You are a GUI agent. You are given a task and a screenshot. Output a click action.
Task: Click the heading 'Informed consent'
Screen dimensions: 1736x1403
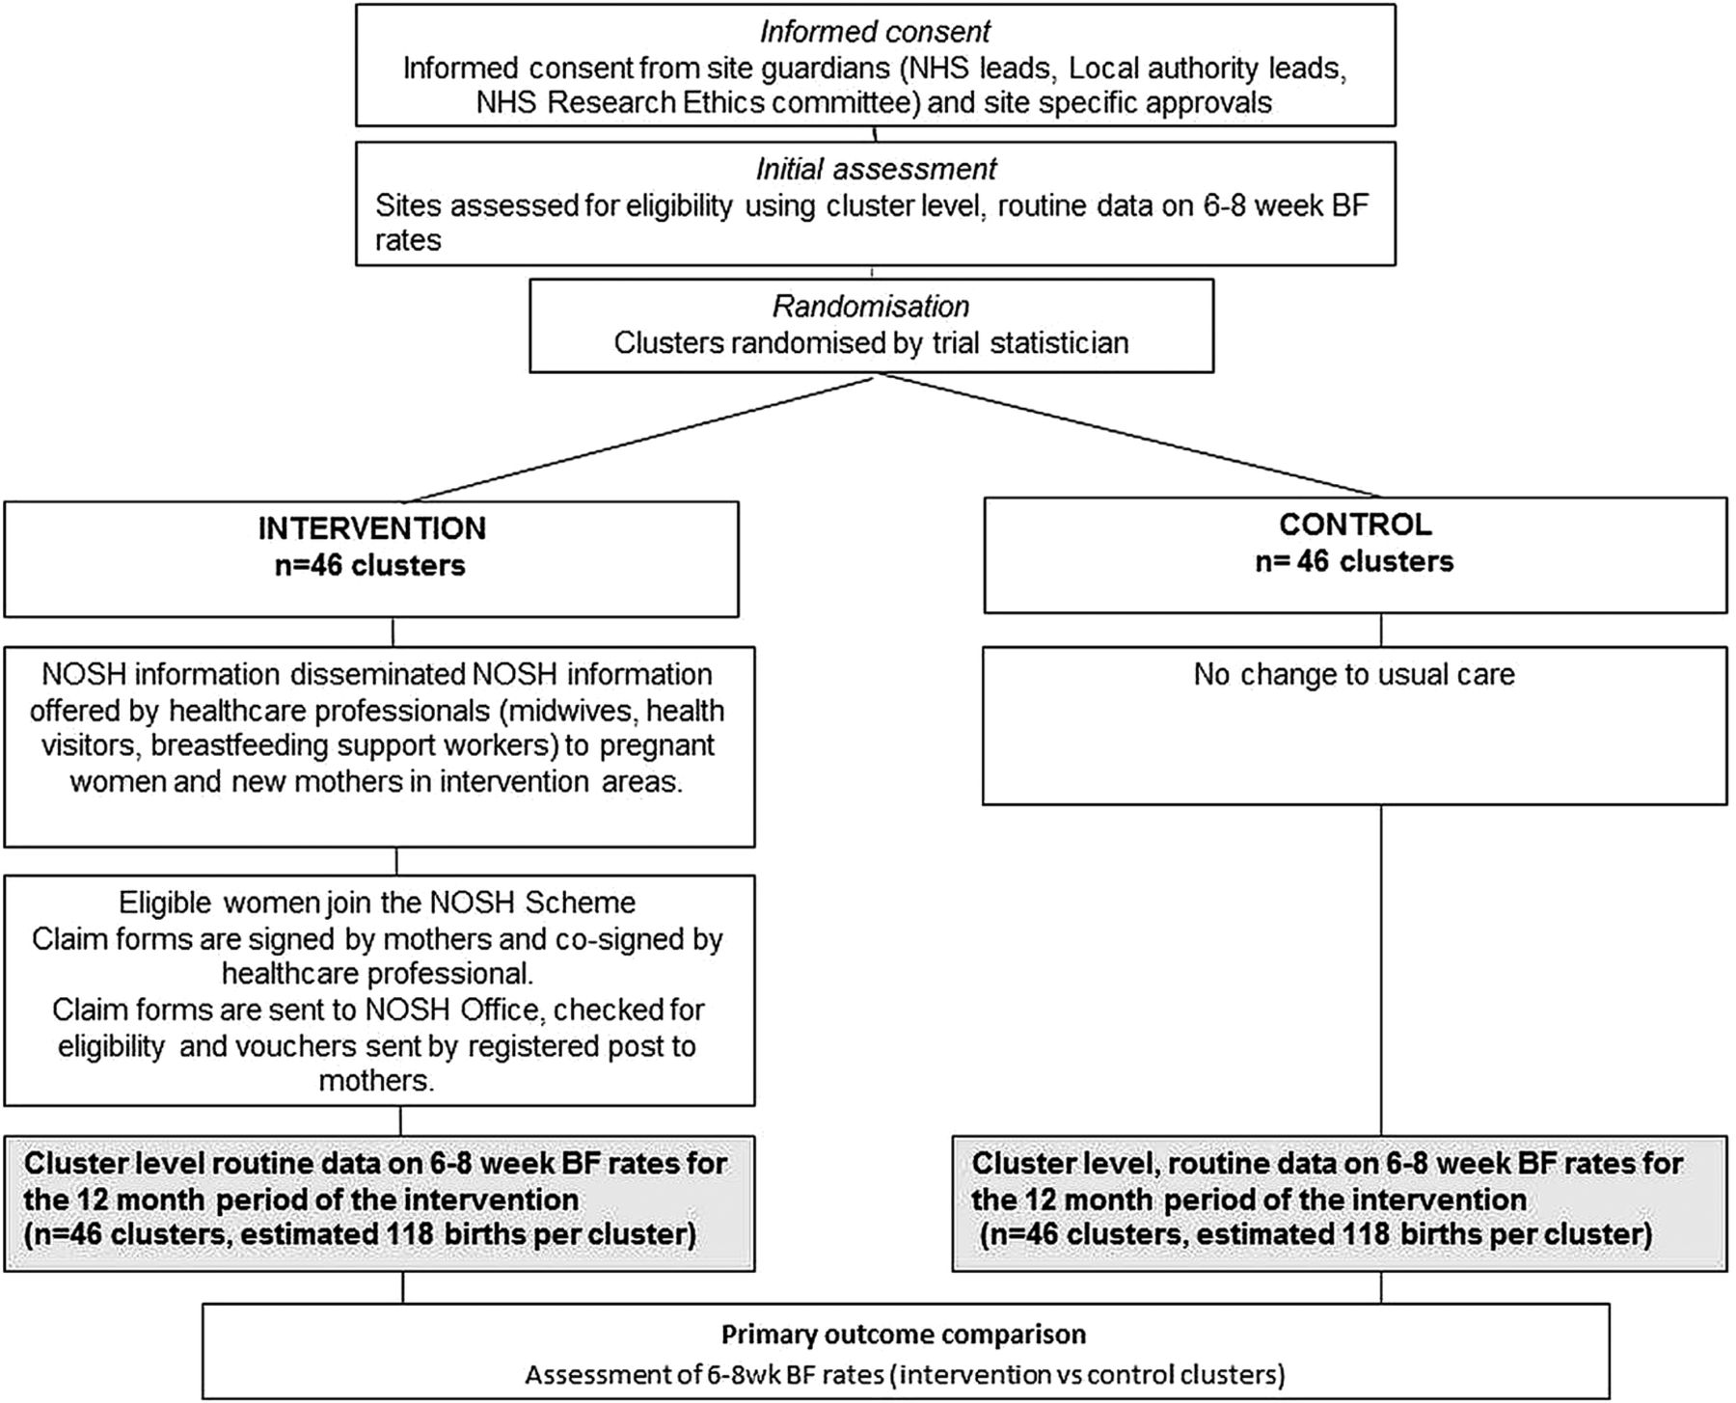coord(875,32)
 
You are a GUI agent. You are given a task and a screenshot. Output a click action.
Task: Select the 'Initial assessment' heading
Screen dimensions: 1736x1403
coord(876,169)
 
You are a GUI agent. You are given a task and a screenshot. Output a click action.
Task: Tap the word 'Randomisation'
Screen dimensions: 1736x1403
coord(871,307)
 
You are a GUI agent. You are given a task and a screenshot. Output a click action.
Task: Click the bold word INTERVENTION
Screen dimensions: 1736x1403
coord(371,528)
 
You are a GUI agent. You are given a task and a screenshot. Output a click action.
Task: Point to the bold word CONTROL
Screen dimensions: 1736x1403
coord(1355,525)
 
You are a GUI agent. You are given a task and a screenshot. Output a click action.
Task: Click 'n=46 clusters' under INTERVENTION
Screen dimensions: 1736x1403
coord(370,565)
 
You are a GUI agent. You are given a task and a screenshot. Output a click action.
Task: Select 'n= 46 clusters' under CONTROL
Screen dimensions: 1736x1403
coord(1354,561)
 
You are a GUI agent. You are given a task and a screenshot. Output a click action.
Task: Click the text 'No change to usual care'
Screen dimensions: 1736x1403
coord(1354,674)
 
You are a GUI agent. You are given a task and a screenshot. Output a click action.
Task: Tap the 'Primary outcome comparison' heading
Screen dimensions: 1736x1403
coord(904,1335)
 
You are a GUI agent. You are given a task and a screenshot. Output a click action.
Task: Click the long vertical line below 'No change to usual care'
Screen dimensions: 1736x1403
coord(1381,970)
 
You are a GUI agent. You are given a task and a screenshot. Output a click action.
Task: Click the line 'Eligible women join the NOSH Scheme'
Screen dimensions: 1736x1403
coord(377,903)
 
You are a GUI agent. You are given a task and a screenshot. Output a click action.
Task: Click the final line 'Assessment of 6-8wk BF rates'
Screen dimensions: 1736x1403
coord(905,1374)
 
